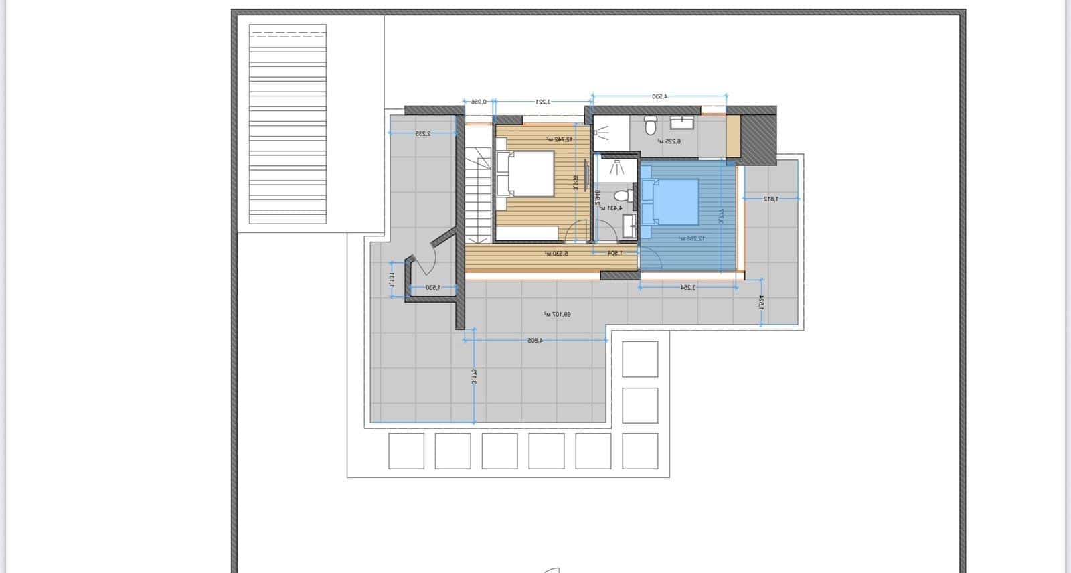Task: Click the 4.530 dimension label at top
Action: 660,96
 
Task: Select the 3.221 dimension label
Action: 543,102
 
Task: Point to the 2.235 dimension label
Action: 422,133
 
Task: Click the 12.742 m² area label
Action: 558,139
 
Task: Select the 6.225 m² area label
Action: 669,141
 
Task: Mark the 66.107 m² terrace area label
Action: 558,314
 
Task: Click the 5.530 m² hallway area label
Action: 556,254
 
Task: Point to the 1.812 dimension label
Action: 771,199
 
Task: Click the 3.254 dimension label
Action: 688,287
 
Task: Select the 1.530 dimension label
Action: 433,288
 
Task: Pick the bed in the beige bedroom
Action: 525,174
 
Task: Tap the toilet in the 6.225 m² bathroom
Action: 649,125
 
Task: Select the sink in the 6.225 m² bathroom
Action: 683,123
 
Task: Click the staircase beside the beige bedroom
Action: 478,194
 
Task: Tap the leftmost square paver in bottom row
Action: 406,451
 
